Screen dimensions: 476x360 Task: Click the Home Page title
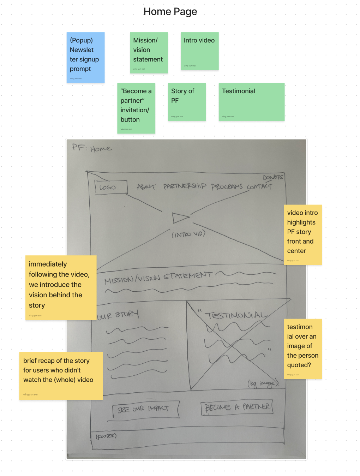(x=170, y=12)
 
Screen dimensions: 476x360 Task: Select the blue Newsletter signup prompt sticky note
(x=85, y=58)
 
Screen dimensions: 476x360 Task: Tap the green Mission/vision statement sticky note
(x=149, y=53)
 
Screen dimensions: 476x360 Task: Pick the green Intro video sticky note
(x=199, y=51)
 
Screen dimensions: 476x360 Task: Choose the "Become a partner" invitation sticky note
(x=136, y=108)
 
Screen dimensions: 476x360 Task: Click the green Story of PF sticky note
(x=187, y=102)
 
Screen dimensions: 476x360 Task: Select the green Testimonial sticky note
(x=251, y=102)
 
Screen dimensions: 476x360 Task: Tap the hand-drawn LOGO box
(x=110, y=187)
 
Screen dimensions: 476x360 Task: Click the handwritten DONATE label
(x=273, y=177)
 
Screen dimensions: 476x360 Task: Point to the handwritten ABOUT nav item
(x=146, y=186)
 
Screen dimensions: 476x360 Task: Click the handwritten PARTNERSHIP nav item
(x=185, y=186)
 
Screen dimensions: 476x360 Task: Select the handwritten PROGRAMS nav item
(x=227, y=186)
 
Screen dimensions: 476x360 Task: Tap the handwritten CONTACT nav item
(x=259, y=186)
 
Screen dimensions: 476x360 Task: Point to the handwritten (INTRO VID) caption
(x=188, y=234)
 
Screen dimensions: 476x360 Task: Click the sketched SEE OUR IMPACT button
(x=143, y=409)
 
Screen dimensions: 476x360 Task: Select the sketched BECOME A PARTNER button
(x=237, y=407)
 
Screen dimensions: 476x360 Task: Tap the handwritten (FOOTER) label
(x=106, y=436)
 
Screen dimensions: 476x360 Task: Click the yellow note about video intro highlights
(x=303, y=234)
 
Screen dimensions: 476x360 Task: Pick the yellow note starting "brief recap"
(x=61, y=375)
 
